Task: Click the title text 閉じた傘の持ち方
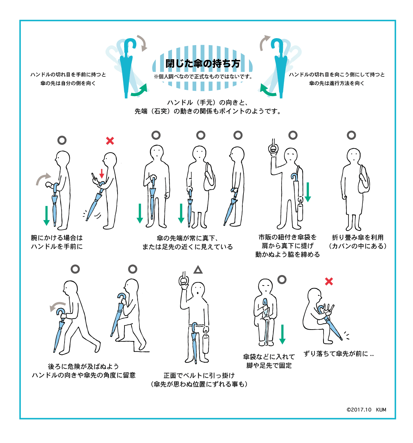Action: [x=203, y=63]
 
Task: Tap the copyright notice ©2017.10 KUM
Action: [x=366, y=410]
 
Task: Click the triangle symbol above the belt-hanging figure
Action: [x=198, y=270]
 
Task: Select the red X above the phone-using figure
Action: [x=110, y=141]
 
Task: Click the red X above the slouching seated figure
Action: [x=329, y=281]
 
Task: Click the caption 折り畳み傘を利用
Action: [x=358, y=238]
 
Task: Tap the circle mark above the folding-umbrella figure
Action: [x=351, y=135]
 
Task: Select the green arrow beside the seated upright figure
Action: [x=282, y=334]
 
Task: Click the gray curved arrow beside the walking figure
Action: [x=57, y=306]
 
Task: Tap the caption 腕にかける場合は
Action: [x=57, y=238]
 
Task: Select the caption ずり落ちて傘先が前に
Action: [x=338, y=354]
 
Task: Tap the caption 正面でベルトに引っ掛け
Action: [x=199, y=375]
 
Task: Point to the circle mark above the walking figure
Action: [x=75, y=269]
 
